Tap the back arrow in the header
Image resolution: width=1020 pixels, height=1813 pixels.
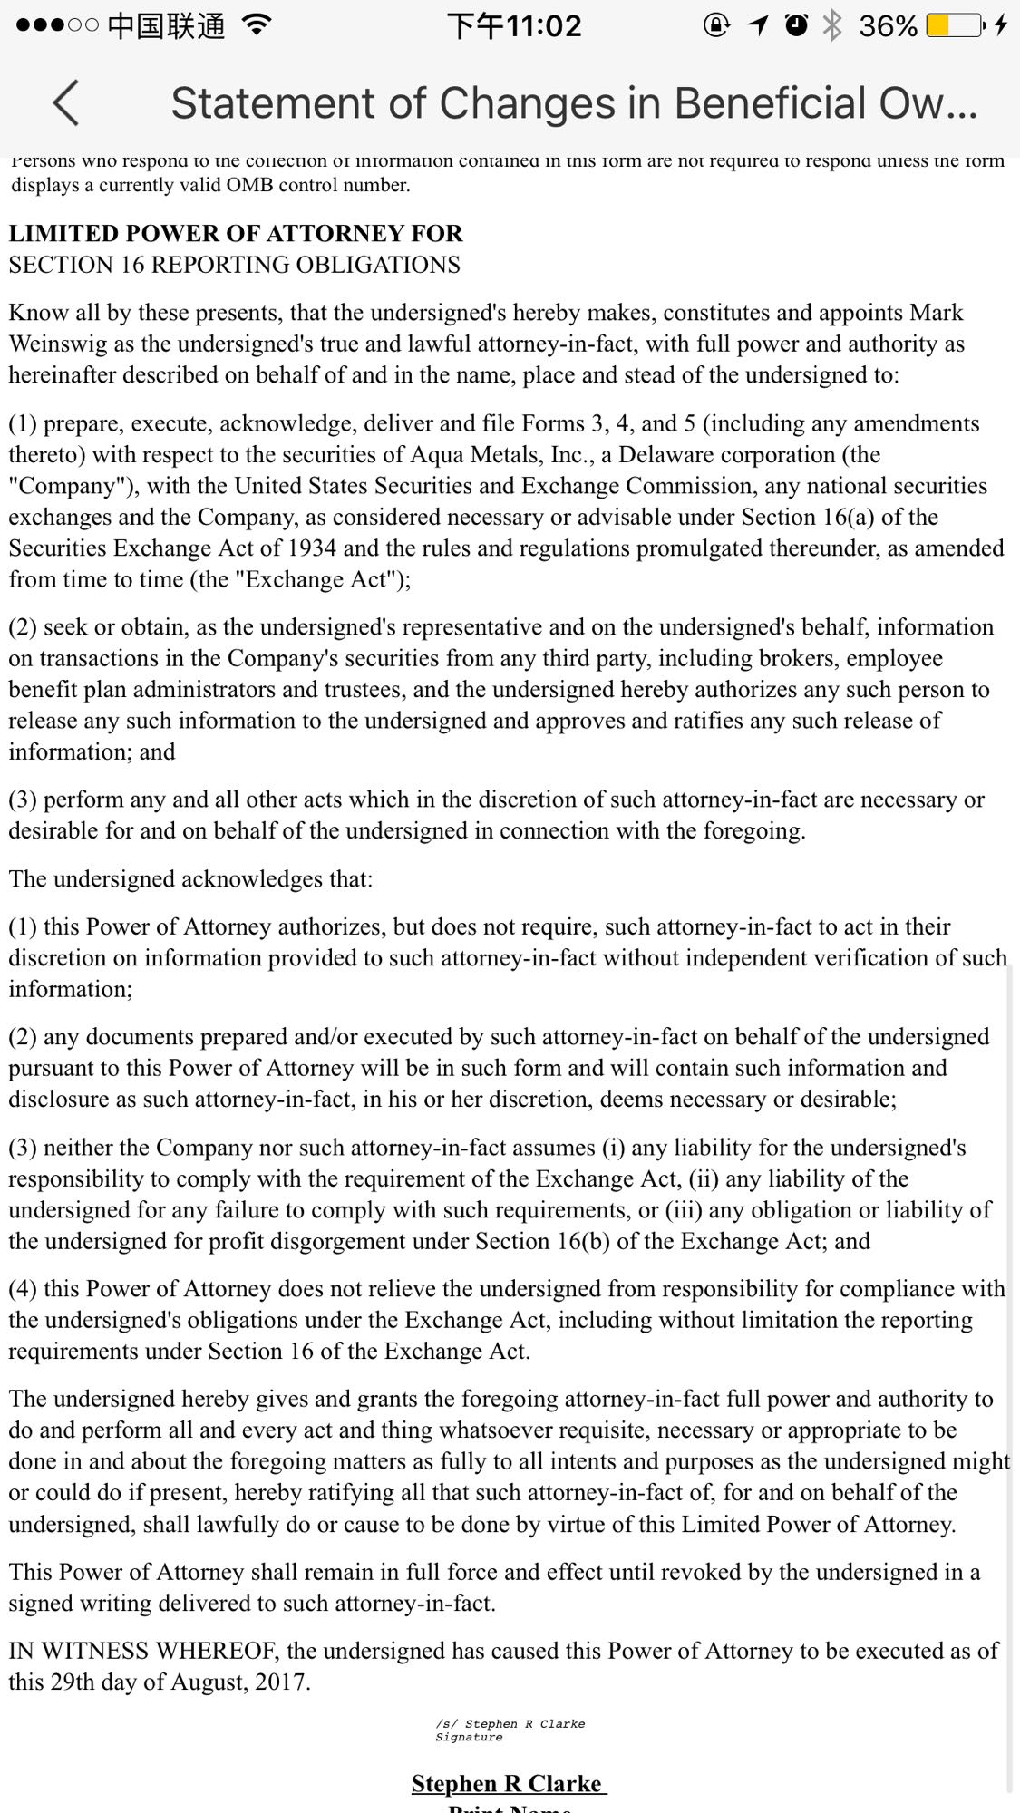66,102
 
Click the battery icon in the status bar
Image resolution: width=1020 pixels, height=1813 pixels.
954,25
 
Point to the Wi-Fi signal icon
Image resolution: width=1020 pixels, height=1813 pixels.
257,25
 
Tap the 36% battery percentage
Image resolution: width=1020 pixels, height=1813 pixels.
887,25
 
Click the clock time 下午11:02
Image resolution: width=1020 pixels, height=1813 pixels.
514,25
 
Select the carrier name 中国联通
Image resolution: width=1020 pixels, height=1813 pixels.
166,25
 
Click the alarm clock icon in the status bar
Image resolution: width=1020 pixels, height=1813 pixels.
796,25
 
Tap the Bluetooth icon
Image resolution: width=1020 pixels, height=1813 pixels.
831,25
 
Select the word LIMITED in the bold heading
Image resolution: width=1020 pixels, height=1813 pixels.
63,234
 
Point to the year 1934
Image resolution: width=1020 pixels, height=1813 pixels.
311,548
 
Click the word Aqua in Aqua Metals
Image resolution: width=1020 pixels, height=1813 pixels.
436,455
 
